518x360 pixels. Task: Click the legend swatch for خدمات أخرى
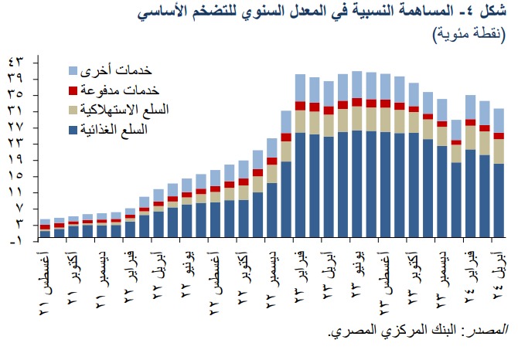(74, 70)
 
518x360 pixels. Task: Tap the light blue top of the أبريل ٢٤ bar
(499, 120)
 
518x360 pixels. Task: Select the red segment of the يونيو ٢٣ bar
(357, 102)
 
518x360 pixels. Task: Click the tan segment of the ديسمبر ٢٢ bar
(271, 172)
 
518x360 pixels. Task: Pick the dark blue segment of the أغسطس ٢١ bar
(46, 233)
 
